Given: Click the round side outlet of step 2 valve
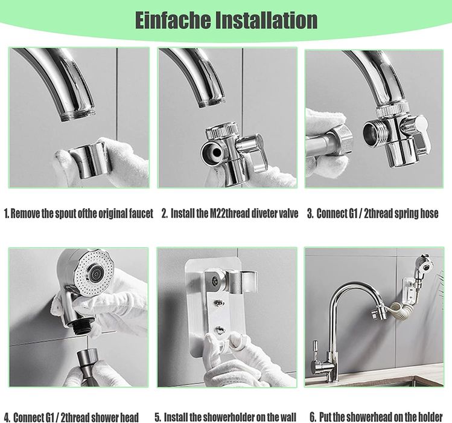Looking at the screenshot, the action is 212,150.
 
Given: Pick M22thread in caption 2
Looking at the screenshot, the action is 229,214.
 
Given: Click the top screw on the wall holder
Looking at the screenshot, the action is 215,280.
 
